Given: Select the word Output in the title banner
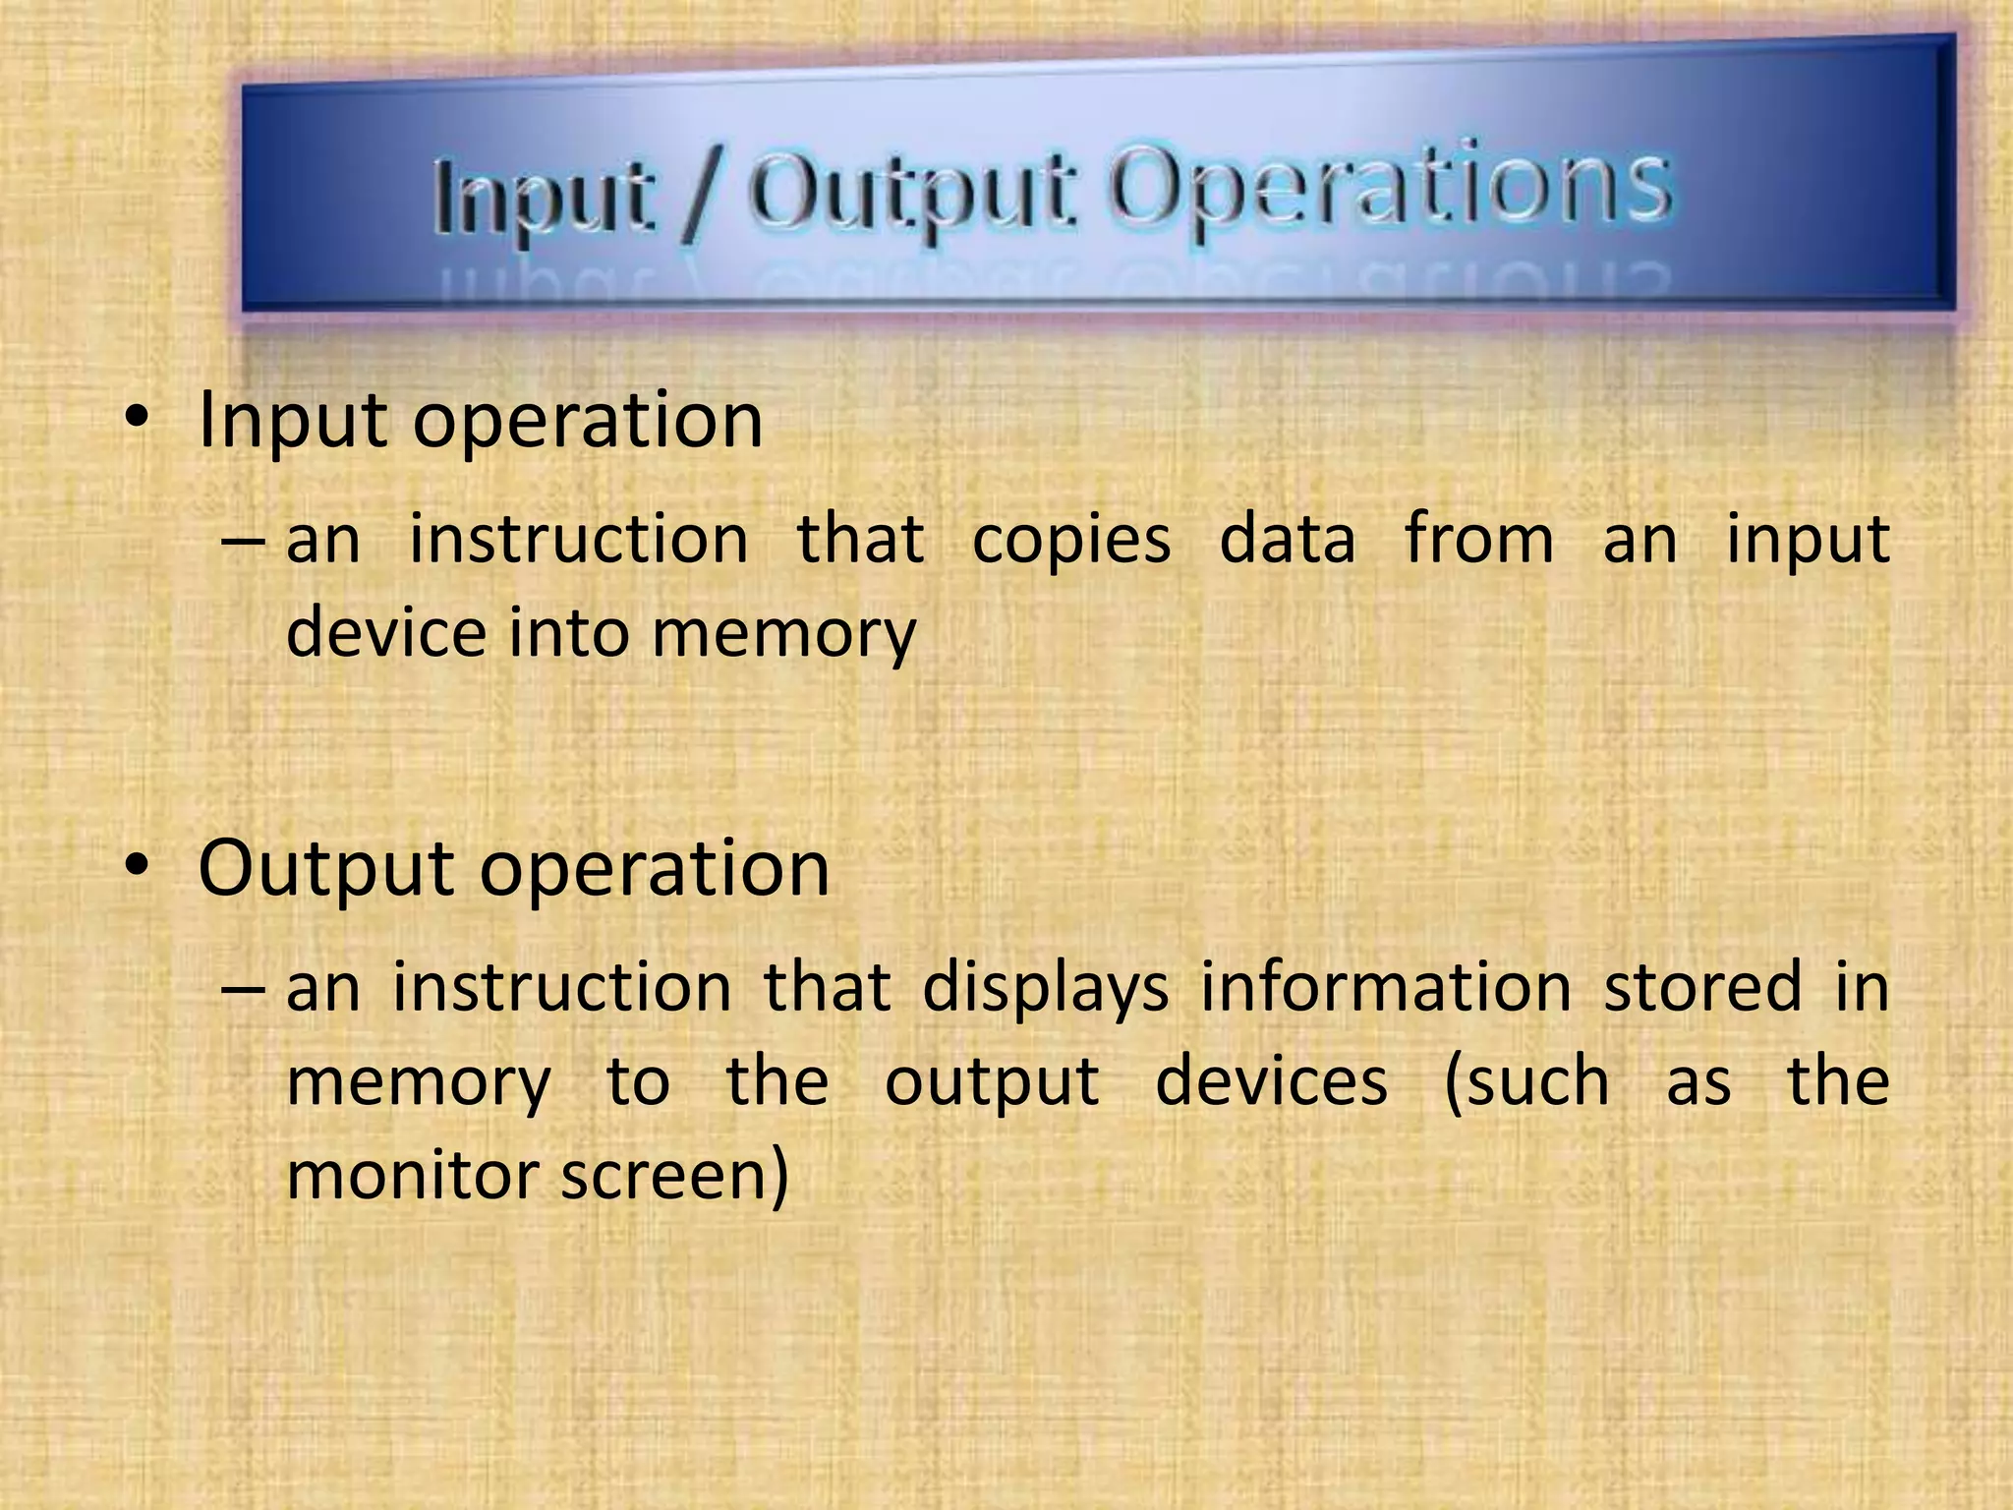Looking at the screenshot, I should pyautogui.click(x=909, y=192).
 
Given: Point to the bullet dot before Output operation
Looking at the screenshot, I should pyautogui.click(x=137, y=868).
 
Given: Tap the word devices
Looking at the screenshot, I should pyautogui.click(x=1272, y=1080).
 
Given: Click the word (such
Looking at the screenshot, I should pyautogui.click(x=1526, y=1082).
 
